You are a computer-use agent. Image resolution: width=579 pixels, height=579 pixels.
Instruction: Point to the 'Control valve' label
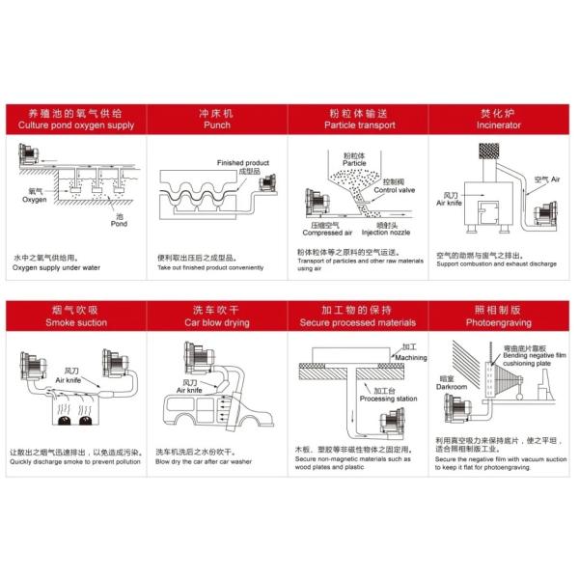[x=393, y=190]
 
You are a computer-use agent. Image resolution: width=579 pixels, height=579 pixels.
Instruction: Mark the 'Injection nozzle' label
[x=386, y=233]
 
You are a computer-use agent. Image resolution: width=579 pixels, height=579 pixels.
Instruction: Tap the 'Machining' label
[x=409, y=356]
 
